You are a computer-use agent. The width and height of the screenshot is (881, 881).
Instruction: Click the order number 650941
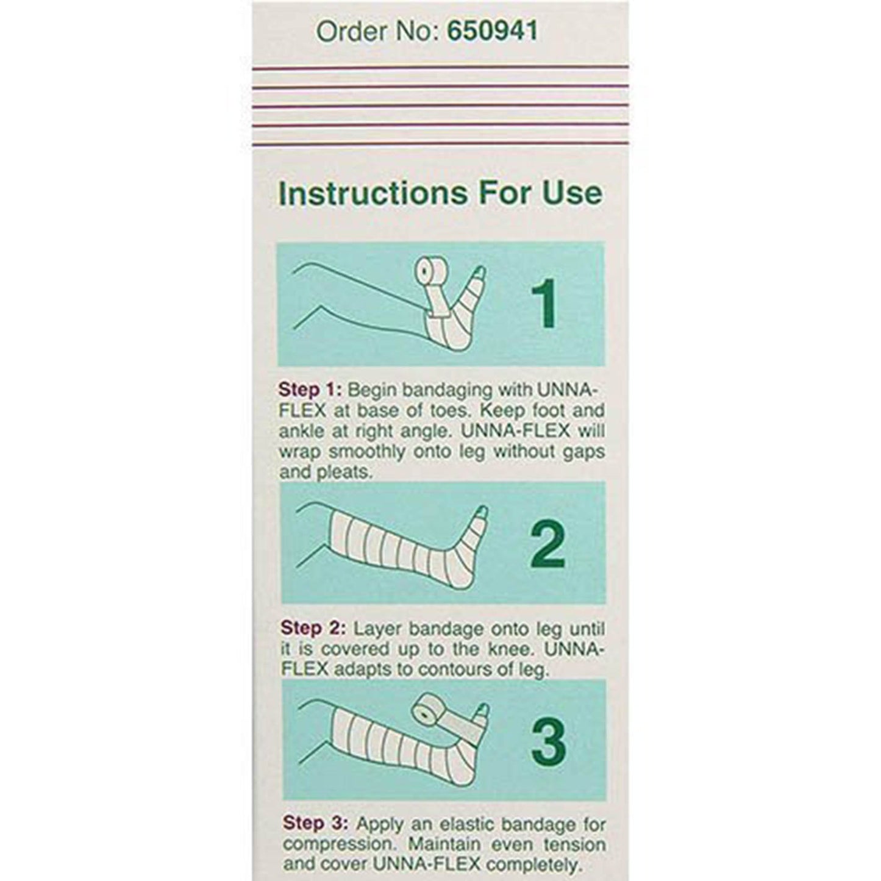click(493, 31)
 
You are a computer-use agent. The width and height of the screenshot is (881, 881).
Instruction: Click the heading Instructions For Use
click(440, 193)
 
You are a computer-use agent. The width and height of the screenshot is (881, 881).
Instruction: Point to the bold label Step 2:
click(313, 629)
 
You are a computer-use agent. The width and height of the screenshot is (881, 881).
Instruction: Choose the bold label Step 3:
click(315, 825)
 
